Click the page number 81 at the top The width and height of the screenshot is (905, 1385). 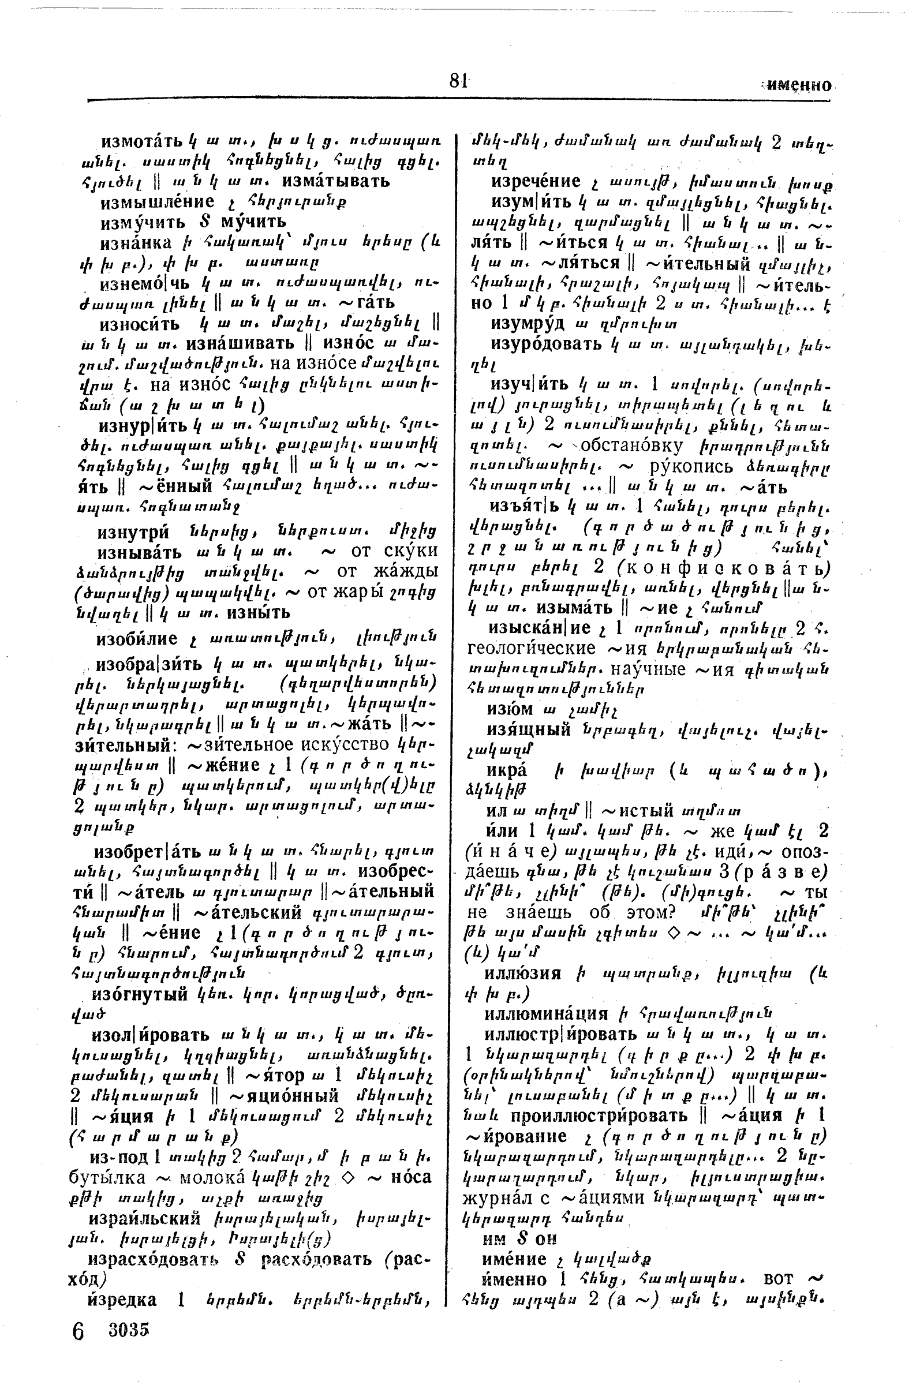[x=458, y=80]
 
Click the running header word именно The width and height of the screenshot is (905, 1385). [x=798, y=85]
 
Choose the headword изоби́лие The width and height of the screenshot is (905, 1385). [x=137, y=639]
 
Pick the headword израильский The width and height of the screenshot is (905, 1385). [x=145, y=1218]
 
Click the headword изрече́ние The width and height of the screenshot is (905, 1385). [x=536, y=181]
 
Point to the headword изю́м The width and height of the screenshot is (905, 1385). [x=510, y=709]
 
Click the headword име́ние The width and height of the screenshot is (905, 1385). [x=514, y=1259]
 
